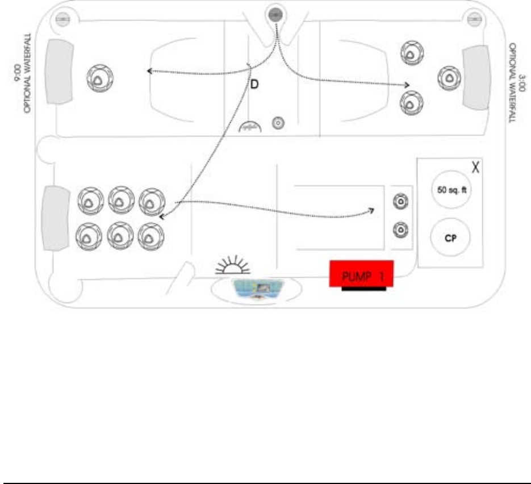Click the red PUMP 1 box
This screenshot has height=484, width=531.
click(361, 274)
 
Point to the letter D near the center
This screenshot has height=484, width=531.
click(254, 85)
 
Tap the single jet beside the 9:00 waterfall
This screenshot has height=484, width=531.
click(99, 78)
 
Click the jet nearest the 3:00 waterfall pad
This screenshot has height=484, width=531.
click(449, 77)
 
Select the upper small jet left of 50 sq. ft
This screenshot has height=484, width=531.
click(401, 201)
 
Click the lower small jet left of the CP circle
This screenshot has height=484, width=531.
click(401, 230)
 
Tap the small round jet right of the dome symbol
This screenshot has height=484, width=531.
click(278, 122)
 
